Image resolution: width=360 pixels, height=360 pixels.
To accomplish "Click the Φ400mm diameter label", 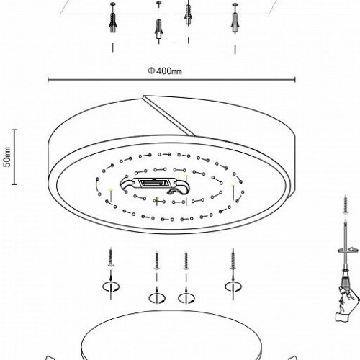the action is coord(165,71).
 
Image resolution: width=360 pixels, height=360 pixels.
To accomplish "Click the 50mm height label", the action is coord(8,157).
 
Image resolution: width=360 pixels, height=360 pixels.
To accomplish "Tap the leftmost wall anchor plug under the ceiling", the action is coord(112,22).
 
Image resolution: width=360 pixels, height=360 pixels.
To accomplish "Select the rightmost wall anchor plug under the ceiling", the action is coord(235,22).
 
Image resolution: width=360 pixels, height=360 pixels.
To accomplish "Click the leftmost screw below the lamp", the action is coord(111,258).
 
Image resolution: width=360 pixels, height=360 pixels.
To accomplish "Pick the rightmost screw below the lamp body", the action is coord(233,259).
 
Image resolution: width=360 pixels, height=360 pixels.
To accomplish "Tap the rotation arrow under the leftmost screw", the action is coord(111,287).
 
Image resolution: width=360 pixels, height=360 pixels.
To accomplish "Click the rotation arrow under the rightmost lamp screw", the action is coord(233,287).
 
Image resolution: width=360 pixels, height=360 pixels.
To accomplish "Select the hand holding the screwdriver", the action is coord(347,303).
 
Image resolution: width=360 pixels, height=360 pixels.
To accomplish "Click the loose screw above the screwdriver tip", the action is coord(346,204).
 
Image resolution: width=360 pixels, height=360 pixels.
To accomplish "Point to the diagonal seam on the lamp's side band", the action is coord(169,116).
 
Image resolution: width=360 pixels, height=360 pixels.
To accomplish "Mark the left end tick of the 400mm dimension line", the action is coord(48,80).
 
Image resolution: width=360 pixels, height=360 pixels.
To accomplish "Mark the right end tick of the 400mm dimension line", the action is coord(295,80).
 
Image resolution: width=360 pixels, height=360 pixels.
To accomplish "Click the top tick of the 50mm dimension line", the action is coord(14,130).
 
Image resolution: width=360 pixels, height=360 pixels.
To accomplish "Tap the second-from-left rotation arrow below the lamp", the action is coord(157,298).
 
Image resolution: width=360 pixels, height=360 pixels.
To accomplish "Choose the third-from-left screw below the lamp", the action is coord(186,261).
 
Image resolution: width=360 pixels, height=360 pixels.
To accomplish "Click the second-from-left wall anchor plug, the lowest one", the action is coord(158,29).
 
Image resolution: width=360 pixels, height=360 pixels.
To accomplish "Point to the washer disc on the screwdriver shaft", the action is coord(346,251).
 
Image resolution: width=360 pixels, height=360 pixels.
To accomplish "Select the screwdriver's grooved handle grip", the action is coord(346,282).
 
